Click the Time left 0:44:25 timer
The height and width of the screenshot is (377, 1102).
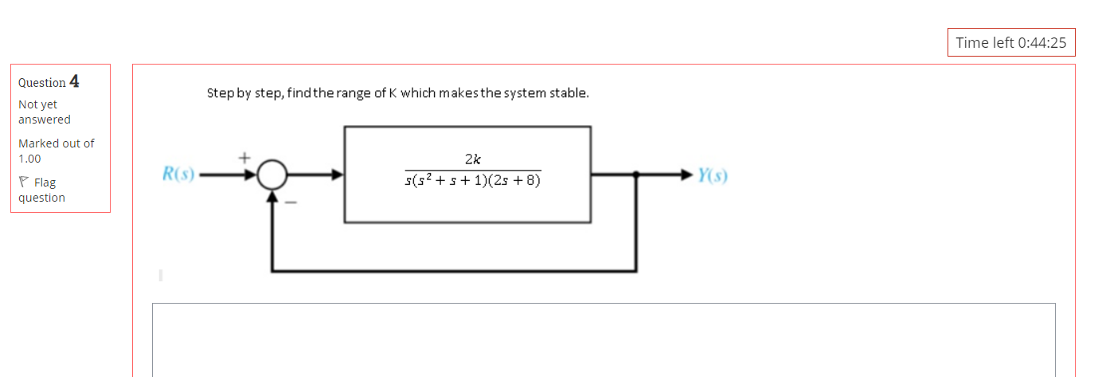click(1010, 43)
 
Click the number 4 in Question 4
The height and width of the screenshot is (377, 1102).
click(75, 81)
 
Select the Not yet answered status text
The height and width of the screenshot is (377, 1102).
click(44, 112)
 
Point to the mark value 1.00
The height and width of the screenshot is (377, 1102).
click(29, 159)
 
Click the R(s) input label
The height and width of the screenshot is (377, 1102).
click(178, 174)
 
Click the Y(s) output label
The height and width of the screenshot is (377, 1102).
click(712, 175)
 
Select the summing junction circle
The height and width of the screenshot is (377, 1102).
click(273, 175)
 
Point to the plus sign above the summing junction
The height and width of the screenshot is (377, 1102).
click(246, 158)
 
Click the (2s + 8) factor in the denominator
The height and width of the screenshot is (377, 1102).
click(517, 181)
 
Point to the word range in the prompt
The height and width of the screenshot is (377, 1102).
click(355, 93)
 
